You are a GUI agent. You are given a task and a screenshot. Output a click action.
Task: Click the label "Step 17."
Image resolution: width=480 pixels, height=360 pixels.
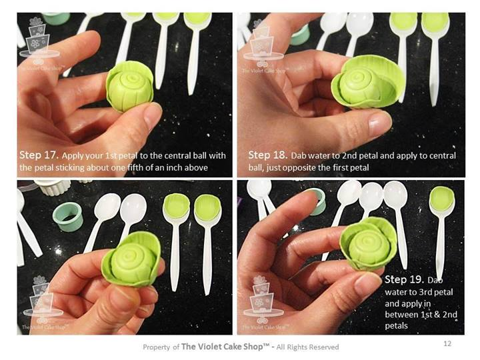pos(39,155)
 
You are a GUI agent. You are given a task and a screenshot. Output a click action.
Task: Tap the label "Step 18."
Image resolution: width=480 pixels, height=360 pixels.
pos(268,155)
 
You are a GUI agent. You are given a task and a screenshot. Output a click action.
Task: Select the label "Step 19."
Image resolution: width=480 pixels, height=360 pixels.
pos(404,279)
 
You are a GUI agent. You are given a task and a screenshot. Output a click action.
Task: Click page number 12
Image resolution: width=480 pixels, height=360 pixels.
pos(447,343)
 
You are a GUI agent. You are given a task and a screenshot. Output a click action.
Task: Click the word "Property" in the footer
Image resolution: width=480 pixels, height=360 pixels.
pos(156,347)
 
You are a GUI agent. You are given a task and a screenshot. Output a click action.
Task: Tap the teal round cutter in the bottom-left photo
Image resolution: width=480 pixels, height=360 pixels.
pos(68,217)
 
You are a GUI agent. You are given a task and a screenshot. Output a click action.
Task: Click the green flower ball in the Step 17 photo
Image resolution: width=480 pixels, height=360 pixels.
pos(130,87)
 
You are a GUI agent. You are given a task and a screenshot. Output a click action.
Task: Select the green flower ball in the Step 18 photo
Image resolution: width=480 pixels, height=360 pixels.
pos(368,82)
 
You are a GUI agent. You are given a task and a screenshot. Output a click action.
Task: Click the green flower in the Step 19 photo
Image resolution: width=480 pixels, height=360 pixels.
pos(368,244)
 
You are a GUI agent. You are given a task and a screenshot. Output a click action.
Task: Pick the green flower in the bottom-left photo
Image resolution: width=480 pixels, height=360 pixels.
pos(131,259)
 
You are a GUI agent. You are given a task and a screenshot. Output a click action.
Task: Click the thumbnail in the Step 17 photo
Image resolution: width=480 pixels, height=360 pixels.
pos(152,113)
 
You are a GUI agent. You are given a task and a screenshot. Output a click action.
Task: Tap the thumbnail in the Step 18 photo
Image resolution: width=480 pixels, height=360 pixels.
pos(380,122)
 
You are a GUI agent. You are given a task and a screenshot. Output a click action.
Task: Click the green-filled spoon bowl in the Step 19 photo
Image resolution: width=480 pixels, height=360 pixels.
pos(442,199)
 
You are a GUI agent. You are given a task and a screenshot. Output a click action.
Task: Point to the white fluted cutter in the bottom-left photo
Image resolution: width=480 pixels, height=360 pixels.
pos(53,187)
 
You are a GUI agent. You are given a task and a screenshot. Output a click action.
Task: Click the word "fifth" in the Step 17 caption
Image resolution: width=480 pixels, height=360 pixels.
pos(135,167)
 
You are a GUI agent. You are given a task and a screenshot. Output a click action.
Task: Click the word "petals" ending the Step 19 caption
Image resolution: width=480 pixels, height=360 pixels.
pos(396,326)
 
